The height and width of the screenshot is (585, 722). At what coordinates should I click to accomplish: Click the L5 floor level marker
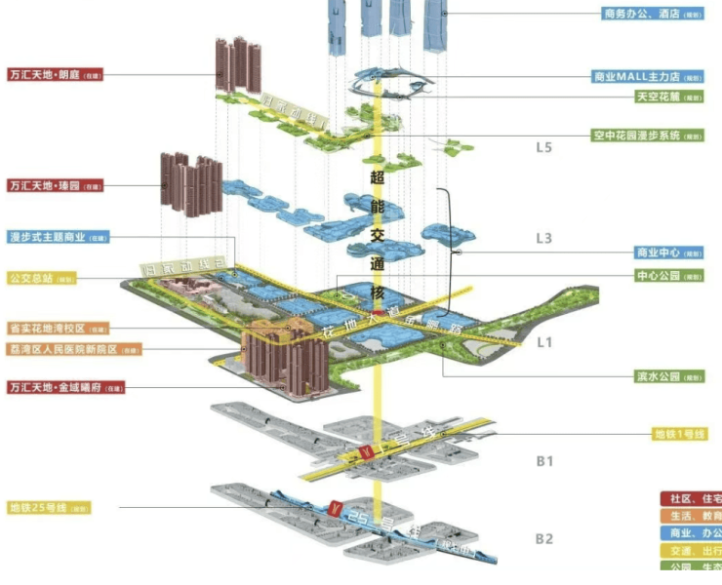coord(544,148)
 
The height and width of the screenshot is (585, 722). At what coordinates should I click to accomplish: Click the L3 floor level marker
coord(544,238)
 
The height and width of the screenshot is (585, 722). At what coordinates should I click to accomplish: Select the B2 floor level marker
coord(544,538)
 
